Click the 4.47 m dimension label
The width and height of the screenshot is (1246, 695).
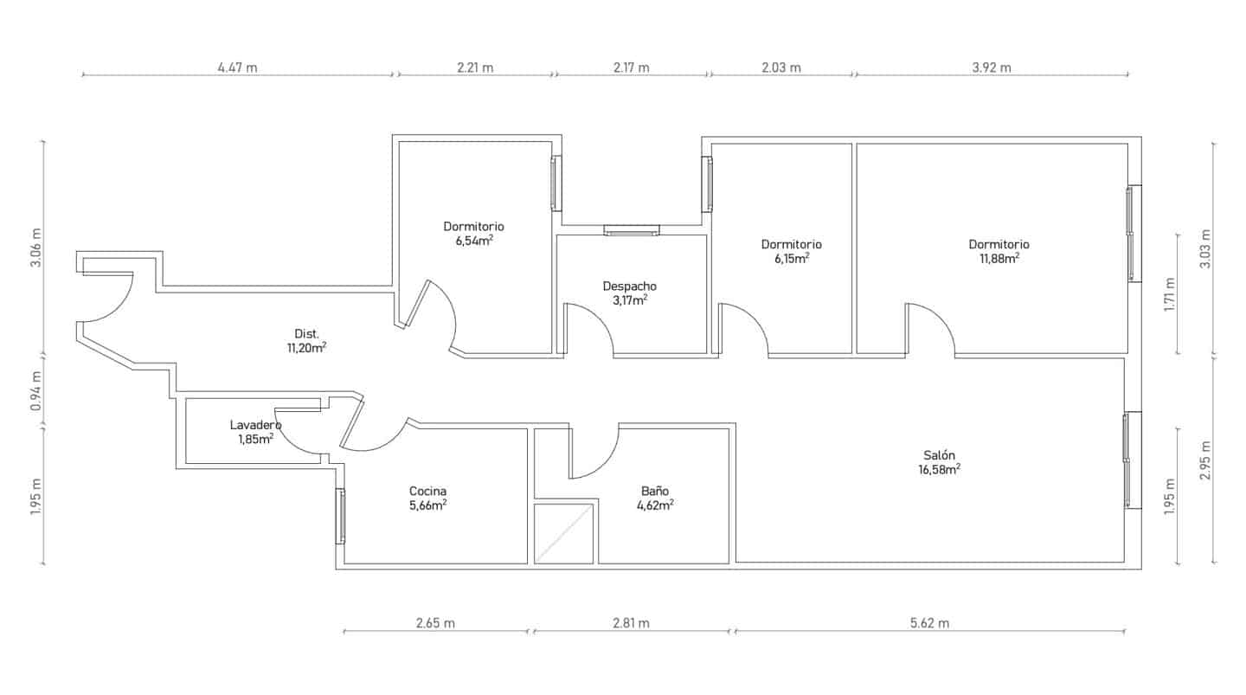click(237, 68)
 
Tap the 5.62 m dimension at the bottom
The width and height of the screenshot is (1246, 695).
click(929, 623)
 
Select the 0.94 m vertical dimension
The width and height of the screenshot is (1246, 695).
click(36, 391)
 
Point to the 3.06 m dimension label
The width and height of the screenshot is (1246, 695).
click(36, 248)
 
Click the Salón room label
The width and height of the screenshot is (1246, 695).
click(939, 455)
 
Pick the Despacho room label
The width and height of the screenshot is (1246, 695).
click(630, 286)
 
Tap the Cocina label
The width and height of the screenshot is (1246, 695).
click(427, 492)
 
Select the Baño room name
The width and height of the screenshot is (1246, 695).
click(655, 491)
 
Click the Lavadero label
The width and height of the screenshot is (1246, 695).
click(256, 425)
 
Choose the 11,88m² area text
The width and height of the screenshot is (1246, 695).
click(999, 258)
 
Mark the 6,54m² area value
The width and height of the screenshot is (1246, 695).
click(474, 241)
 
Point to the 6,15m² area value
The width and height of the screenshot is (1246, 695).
click(792, 258)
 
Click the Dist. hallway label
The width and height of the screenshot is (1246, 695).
click(306, 334)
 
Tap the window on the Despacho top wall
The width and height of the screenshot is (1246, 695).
click(632, 230)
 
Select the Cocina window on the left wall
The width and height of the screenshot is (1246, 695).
click(340, 517)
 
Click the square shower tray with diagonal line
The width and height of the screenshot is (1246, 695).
click(563, 534)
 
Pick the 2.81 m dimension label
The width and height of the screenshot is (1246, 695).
click(632, 623)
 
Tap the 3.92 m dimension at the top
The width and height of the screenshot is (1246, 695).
click(992, 68)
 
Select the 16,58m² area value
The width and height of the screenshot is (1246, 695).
click(940, 470)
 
